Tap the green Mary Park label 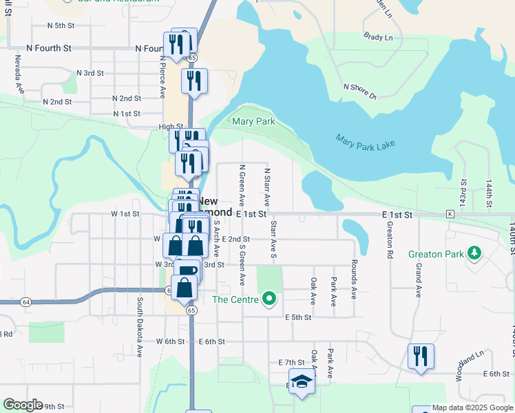tap(253, 122)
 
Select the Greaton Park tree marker tap(474, 254)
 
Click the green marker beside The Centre tap(270, 299)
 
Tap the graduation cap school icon tap(301, 381)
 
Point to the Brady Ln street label tap(379, 37)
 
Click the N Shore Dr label tap(360, 91)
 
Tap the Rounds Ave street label tap(354, 278)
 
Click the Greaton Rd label tap(390, 240)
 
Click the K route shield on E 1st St tap(450, 215)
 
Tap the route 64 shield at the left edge tap(25, 301)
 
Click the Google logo tap(23, 405)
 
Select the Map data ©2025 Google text tap(472, 407)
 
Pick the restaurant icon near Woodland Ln tap(421, 357)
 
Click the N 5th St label tap(61, 25)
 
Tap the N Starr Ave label tap(266, 187)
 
